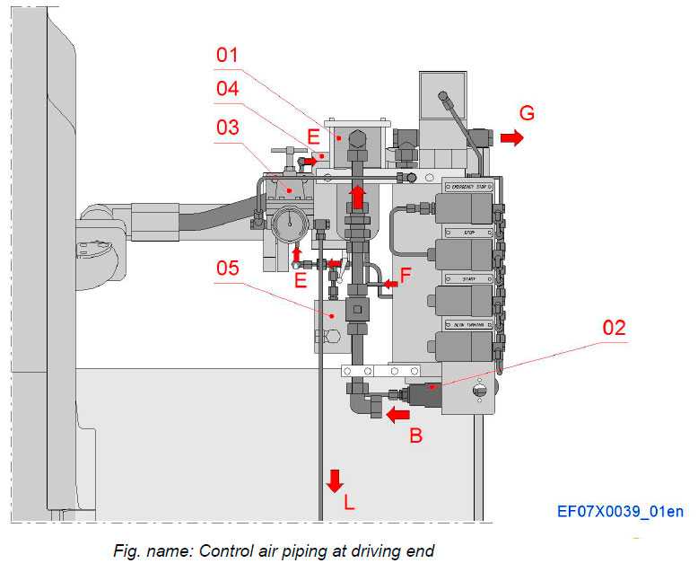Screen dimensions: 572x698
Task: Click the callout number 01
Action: click(228, 57)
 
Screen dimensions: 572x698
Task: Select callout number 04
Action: click(228, 89)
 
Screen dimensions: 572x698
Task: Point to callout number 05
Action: click(228, 267)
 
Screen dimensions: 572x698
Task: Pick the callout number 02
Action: click(615, 327)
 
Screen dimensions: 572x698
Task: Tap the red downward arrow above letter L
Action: click(335, 480)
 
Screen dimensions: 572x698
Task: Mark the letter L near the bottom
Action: click(349, 504)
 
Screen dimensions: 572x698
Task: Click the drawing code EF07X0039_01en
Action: click(620, 512)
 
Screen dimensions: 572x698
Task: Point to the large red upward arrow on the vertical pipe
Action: click(356, 195)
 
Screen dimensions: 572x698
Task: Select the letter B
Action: click(415, 439)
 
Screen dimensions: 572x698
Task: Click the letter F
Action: click(406, 277)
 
